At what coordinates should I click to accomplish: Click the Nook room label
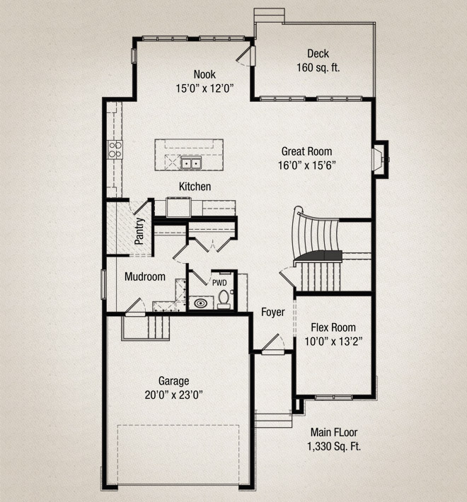click(204, 74)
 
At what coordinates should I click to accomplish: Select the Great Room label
click(306, 151)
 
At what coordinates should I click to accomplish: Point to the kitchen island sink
click(190, 164)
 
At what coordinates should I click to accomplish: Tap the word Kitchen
click(195, 187)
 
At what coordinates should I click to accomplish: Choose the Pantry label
click(140, 230)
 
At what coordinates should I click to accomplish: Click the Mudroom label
click(145, 277)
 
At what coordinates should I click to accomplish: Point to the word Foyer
click(272, 312)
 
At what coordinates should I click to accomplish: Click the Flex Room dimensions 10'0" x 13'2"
click(333, 340)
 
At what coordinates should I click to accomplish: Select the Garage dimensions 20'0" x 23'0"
click(174, 395)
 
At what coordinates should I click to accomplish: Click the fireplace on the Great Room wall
click(381, 159)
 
